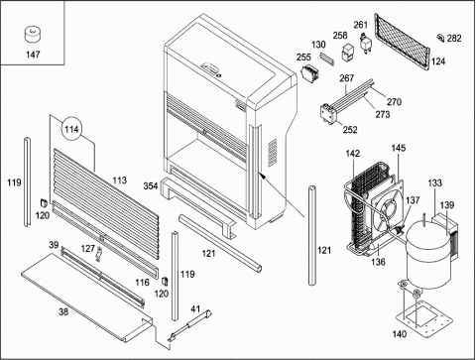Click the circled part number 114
tap(71, 129)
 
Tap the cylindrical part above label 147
tap(33, 36)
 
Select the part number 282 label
tap(454, 39)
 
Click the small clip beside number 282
tap(440, 38)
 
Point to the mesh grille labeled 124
tap(402, 42)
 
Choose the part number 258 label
tap(340, 36)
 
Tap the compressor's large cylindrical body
tap(428, 255)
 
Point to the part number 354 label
tap(151, 186)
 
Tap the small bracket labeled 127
tap(99, 254)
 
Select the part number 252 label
tap(350, 130)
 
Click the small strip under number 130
tap(326, 59)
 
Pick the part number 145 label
tap(399, 148)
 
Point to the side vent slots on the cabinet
tap(273, 153)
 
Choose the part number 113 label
tap(119, 180)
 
